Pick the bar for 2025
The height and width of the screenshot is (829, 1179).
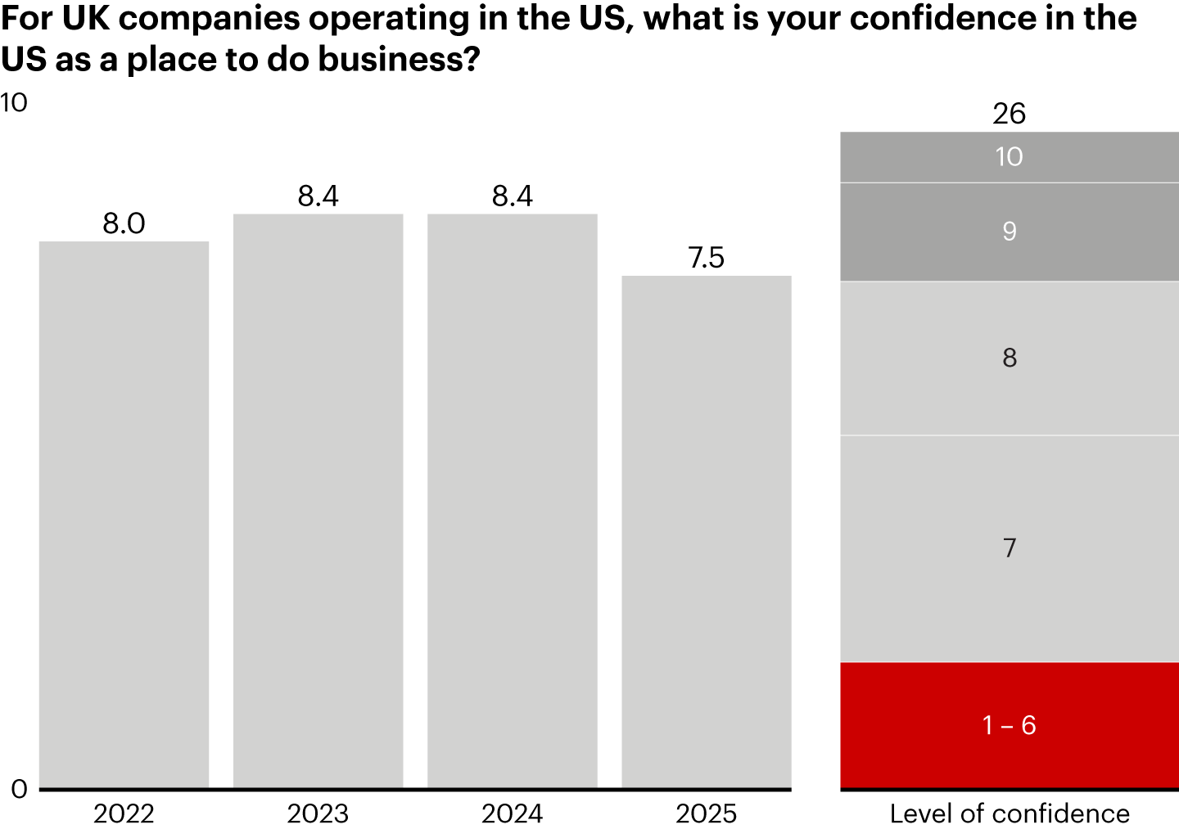click(707, 532)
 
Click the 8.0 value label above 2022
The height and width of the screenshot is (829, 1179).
click(124, 223)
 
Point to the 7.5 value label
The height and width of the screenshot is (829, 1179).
click(707, 258)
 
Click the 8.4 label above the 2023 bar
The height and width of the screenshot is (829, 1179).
click(318, 196)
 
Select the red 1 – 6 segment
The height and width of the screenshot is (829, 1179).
click(1010, 725)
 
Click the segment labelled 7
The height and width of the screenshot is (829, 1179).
click(1010, 548)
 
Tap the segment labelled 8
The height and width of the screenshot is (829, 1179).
click(1010, 358)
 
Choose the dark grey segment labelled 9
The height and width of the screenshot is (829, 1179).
click(1010, 232)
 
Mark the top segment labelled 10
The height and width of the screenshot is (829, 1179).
click(1010, 156)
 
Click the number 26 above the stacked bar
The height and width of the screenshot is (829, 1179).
click(1010, 114)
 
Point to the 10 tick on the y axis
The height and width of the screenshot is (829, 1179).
click(14, 103)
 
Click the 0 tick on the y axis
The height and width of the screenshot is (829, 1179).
click(19, 789)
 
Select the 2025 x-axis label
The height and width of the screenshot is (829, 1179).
click(707, 813)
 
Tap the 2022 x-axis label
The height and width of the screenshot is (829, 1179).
click(124, 813)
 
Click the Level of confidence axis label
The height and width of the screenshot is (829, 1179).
click(1010, 813)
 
